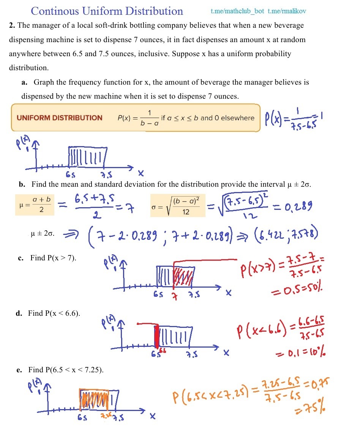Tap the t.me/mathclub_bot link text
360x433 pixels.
pos(237,11)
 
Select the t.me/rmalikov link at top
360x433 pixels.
pos(287,11)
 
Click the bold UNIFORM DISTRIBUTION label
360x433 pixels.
pos(60,118)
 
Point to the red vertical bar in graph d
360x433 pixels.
pos(156,336)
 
